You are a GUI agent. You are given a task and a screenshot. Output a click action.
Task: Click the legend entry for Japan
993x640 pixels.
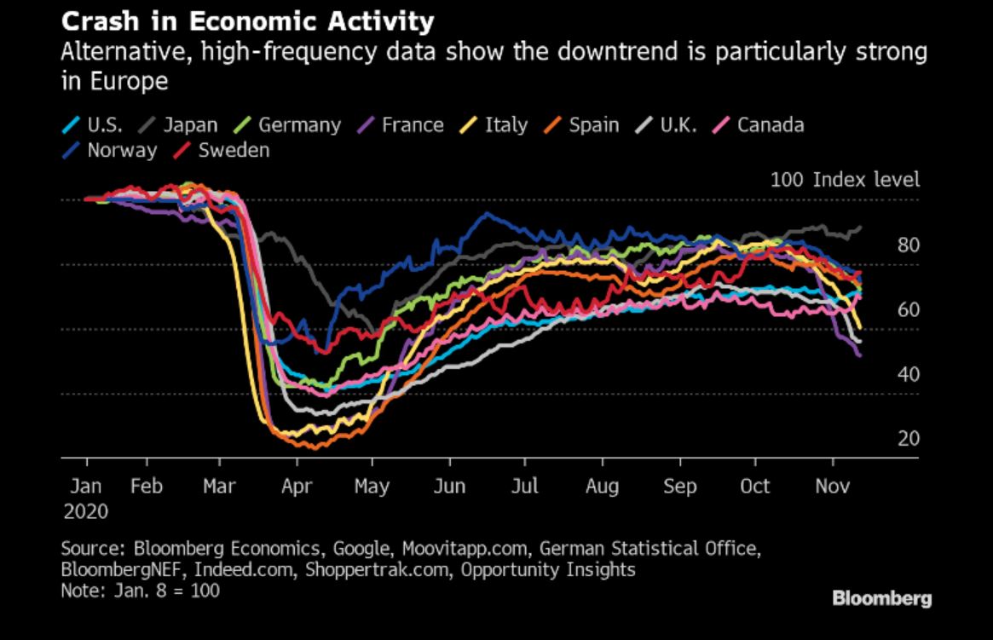190,125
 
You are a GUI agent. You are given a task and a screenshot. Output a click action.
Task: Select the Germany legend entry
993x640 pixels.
298,125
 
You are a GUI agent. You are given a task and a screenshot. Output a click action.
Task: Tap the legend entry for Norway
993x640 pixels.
122,151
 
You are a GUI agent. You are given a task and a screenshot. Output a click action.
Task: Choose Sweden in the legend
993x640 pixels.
234,151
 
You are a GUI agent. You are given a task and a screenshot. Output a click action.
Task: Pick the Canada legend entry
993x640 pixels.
770,125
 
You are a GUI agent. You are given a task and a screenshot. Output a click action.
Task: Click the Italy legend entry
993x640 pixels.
505,125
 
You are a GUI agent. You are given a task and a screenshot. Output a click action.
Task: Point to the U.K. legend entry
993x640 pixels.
678,125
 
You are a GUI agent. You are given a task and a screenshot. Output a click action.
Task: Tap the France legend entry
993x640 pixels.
413,125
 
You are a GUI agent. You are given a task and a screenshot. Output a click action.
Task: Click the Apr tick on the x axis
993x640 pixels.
297,487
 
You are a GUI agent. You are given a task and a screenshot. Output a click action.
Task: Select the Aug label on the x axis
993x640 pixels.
603,487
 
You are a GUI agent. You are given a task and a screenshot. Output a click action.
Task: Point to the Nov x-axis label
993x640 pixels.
832,487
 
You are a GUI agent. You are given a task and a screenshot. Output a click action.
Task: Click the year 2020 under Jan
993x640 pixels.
86,511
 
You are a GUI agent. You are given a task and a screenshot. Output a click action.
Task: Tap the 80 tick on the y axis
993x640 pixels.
908,246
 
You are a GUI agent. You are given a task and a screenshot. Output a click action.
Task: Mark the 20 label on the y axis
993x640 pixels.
908,439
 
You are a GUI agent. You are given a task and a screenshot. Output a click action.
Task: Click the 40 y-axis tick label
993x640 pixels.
908,375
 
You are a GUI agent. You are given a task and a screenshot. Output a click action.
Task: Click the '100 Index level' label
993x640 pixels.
845,181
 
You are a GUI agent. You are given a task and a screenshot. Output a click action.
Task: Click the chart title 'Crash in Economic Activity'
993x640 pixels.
247,20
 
